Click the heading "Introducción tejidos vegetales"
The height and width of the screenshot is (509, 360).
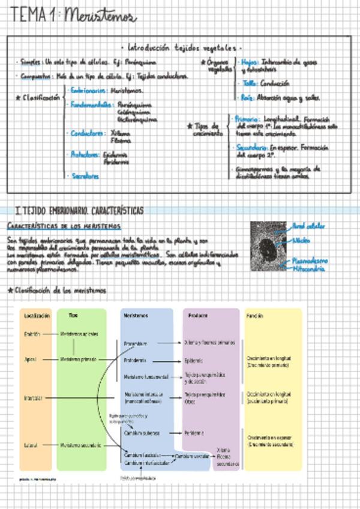click(x=181, y=47)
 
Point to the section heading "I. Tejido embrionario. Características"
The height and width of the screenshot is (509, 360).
click(x=79, y=210)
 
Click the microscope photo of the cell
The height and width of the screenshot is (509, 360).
click(x=268, y=246)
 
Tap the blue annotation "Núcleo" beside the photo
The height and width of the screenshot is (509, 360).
click(x=299, y=239)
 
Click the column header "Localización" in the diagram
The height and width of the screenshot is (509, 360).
click(x=37, y=316)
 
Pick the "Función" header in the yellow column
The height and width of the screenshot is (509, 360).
click(x=254, y=316)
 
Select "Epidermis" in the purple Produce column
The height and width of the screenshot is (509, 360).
click(x=193, y=361)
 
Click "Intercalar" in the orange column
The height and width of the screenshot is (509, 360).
click(x=34, y=398)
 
